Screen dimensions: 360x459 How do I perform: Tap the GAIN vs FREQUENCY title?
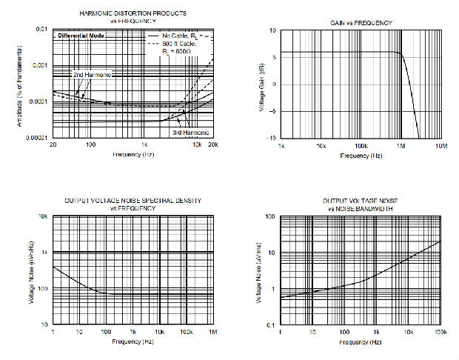tap(361, 23)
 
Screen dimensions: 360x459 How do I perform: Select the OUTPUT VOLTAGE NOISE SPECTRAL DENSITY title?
tap(133, 201)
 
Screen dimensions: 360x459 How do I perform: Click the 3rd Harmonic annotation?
tap(191, 132)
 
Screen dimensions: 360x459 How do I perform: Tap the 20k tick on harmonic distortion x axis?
tap(212, 145)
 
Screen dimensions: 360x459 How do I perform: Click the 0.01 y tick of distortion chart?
tap(42, 29)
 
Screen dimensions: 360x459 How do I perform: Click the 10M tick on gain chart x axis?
tap(440, 147)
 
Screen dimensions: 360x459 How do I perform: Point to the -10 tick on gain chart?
tap(272, 139)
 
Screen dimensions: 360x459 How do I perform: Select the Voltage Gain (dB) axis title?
tap(261, 84)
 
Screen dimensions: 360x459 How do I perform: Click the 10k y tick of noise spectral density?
tap(43, 216)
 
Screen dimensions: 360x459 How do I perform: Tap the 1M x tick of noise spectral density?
tap(213, 332)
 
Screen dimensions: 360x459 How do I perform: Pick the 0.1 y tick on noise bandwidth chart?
tap(271, 326)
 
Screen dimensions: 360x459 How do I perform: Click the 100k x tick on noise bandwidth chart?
tap(440, 332)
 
